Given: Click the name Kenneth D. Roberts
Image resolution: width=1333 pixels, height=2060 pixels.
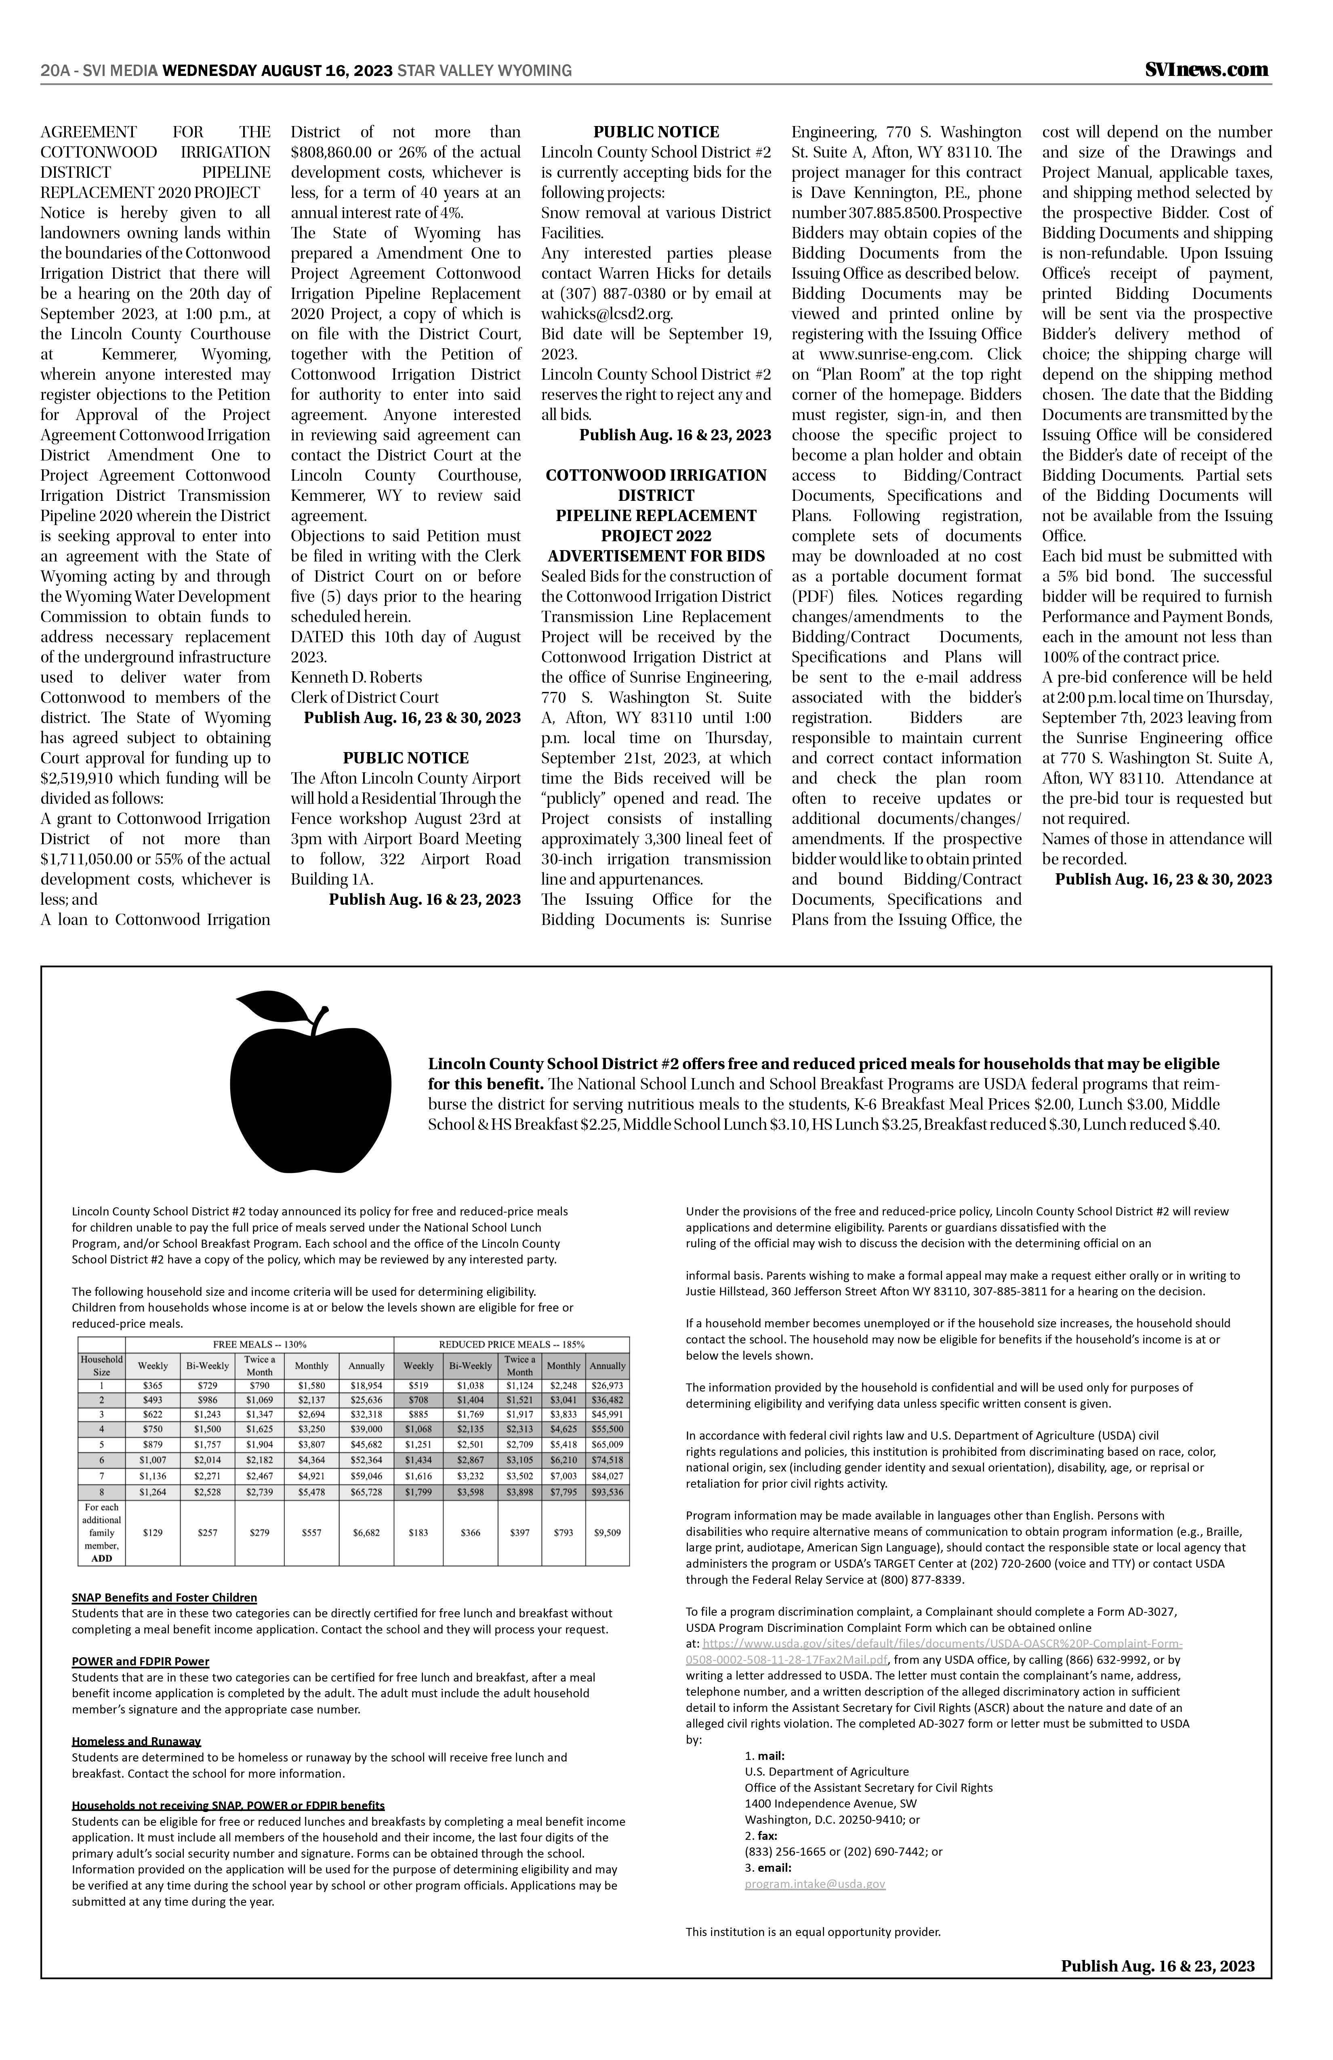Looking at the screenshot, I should (x=357, y=677).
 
